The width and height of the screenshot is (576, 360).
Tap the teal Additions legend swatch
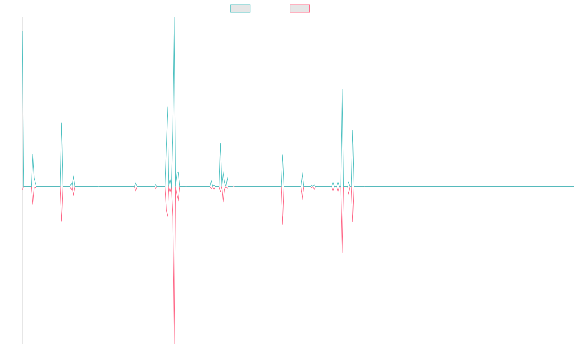(240, 9)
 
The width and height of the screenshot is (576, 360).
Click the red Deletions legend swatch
(300, 9)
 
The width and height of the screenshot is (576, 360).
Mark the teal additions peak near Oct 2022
(342, 89)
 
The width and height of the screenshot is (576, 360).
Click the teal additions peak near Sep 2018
(61, 123)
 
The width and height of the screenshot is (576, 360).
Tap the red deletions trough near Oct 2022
(342, 253)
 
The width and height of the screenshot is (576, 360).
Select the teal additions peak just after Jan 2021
(220, 143)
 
